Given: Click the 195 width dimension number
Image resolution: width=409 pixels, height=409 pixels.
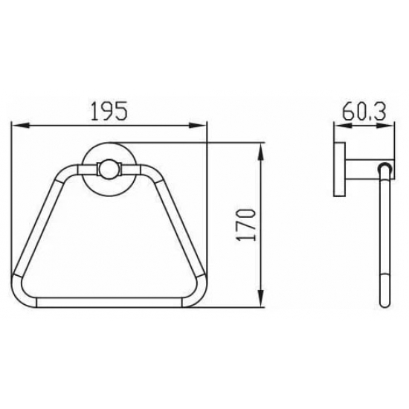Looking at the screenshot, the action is point(109,111).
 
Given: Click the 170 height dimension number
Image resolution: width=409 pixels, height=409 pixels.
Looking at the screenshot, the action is point(246,225).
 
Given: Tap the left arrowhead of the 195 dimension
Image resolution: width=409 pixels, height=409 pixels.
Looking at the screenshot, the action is point(20,126).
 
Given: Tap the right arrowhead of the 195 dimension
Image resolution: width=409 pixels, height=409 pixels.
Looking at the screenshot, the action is point(198,126).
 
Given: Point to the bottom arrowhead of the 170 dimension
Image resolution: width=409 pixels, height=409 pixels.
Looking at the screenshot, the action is point(260,298).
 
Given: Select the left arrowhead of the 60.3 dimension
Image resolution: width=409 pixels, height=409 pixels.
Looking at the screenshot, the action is point(343,126).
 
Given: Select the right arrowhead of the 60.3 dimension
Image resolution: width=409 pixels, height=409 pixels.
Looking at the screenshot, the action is point(385,126).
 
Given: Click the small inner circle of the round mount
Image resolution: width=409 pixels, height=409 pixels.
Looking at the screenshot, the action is point(109,169).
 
